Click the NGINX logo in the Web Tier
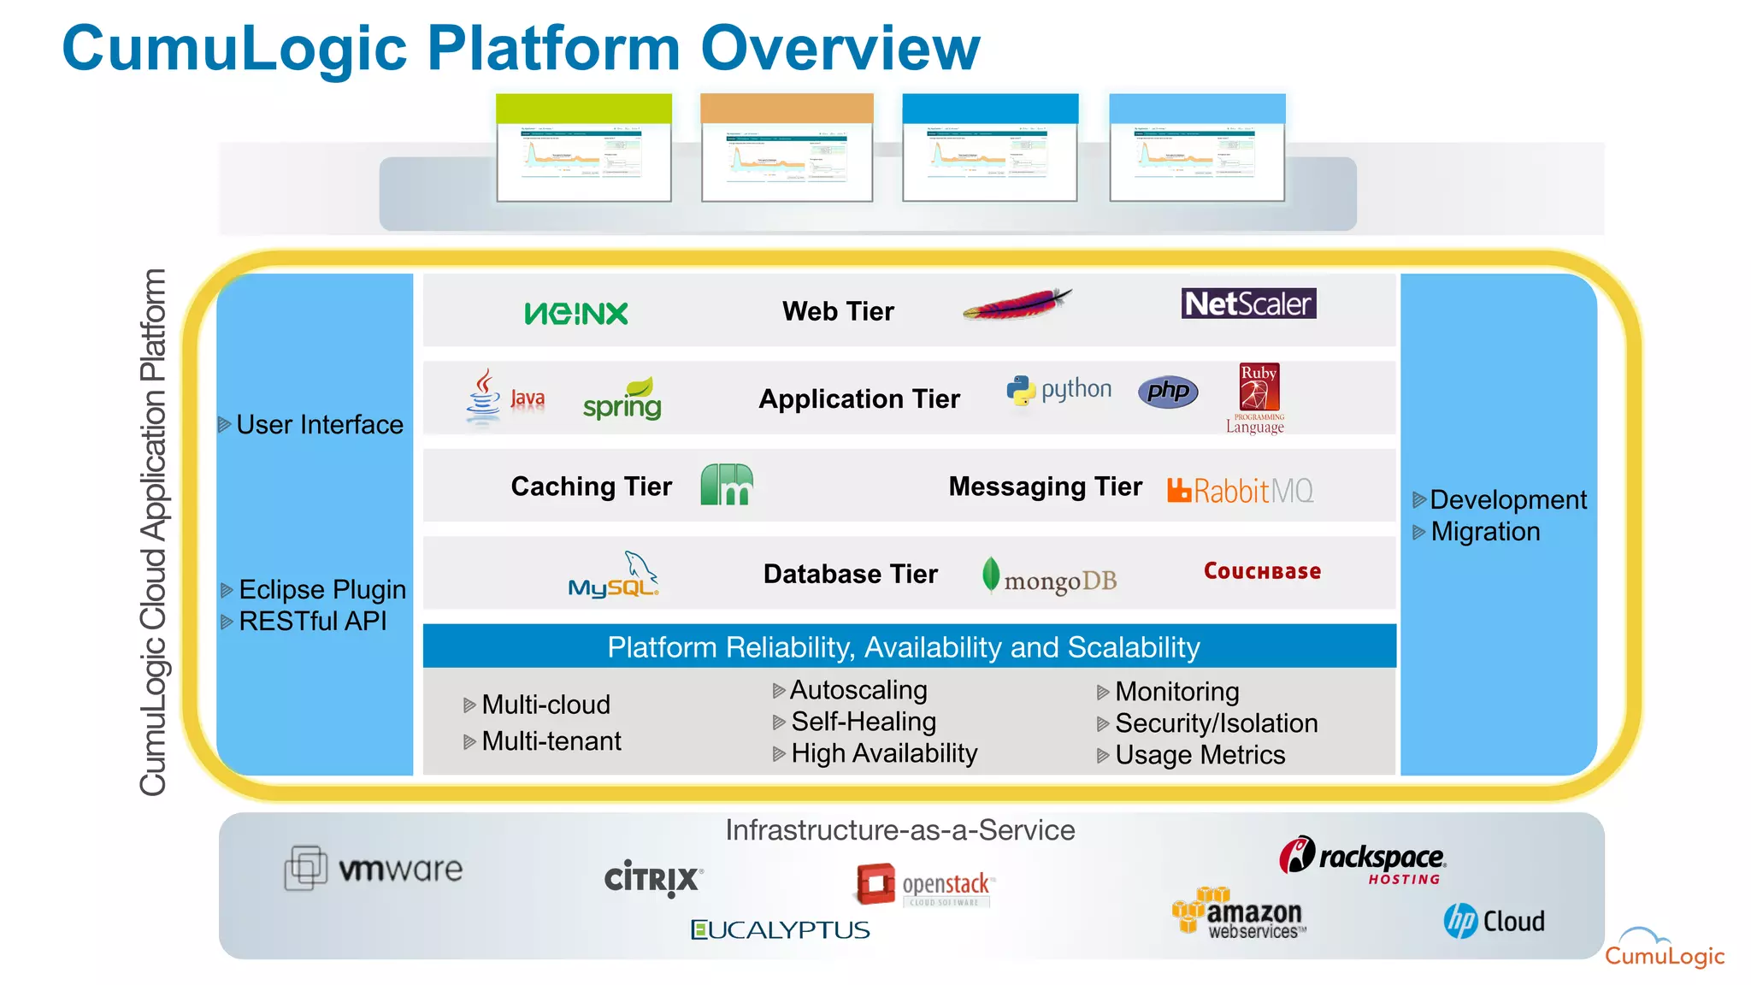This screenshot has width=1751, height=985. pyautogui.click(x=576, y=313)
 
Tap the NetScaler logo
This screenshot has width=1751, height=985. pyautogui.click(x=1248, y=304)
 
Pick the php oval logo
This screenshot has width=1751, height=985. pyautogui.click(x=1168, y=392)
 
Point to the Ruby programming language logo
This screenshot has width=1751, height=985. pyautogui.click(x=1259, y=398)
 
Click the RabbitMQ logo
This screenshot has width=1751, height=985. pyautogui.click(x=1241, y=491)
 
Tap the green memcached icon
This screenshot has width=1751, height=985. pyautogui.click(x=727, y=485)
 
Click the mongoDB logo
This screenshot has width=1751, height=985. pyautogui.click(x=1050, y=579)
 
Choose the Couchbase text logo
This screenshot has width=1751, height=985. pyautogui.click(x=1262, y=571)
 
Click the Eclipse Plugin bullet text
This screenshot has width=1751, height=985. pyautogui.click(x=321, y=589)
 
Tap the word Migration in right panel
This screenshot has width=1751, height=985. pyautogui.click(x=1485, y=532)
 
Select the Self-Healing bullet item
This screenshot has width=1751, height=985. pyautogui.click(x=863, y=722)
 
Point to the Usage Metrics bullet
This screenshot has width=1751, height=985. pyautogui.click(x=1200, y=755)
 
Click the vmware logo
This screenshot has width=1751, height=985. pyautogui.click(x=374, y=869)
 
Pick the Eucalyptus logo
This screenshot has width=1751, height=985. pyautogui.click(x=780, y=929)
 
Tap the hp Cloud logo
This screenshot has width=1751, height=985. pyautogui.click(x=1494, y=921)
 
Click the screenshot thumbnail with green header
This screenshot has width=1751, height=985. pyautogui.click(x=584, y=148)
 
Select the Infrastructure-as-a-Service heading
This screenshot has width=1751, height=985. pyautogui.click(x=899, y=830)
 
